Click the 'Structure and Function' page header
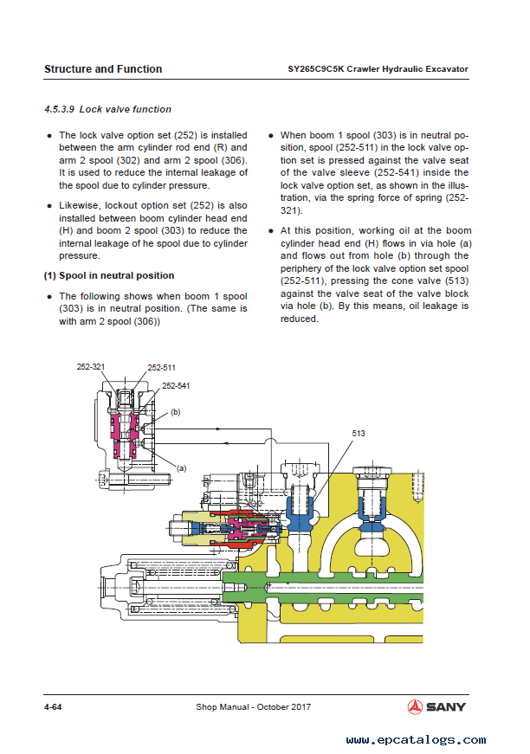[x=102, y=69]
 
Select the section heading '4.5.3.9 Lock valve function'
[x=107, y=109]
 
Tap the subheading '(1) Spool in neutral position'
[x=109, y=275]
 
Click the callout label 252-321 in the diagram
[x=91, y=367]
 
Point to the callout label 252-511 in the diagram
[x=162, y=367]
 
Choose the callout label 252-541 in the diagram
[x=176, y=385]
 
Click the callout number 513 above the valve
[x=359, y=433]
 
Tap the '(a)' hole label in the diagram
[x=181, y=467]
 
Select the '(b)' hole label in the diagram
[x=176, y=412]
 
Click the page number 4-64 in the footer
[x=53, y=707]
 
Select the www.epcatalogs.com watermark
[x=416, y=740]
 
